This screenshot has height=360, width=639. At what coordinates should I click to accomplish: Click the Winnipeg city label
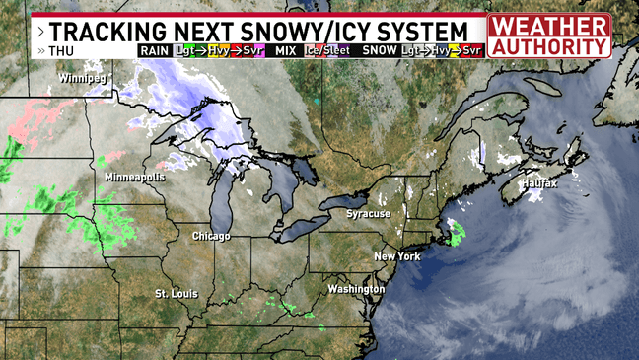82,77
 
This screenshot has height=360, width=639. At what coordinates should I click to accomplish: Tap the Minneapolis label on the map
134,177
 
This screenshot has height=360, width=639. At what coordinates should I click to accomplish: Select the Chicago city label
211,237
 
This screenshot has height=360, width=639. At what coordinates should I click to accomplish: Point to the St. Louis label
177,295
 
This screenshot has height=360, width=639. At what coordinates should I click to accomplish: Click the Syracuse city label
369,214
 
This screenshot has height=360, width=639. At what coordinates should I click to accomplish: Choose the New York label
397,256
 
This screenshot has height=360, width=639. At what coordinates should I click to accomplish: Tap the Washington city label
356,289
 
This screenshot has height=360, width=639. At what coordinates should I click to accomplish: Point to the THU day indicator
60,50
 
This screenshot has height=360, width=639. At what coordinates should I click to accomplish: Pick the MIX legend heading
286,50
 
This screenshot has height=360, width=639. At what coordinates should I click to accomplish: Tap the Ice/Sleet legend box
326,50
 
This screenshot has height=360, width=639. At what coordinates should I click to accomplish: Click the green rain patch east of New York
457,235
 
